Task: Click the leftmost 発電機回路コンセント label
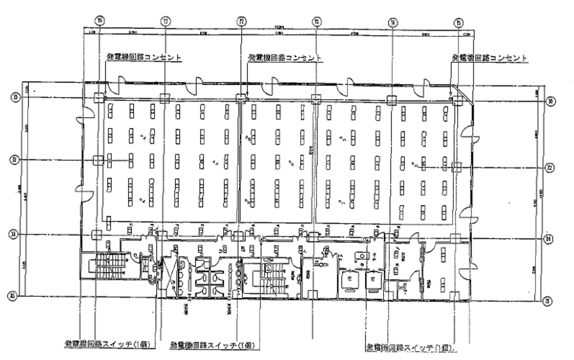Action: point(144,57)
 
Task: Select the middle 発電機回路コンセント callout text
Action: point(284,57)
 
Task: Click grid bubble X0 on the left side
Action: point(14,98)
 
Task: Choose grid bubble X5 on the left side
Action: point(14,296)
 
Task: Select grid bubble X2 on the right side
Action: point(550,167)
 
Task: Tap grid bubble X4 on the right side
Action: point(550,238)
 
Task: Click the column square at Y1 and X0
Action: point(164,98)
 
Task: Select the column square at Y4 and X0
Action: point(392,100)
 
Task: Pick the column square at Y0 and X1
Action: point(98,160)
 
